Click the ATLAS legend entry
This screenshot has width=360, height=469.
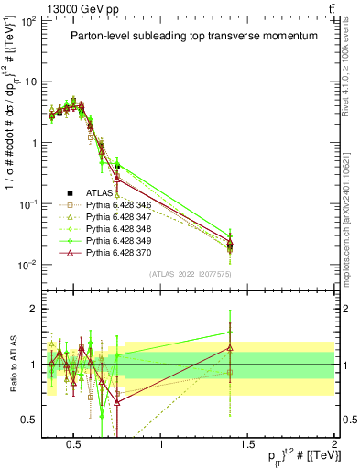pyautogui.click(x=99, y=193)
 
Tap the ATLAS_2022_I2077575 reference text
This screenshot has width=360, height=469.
pyautogui.click(x=190, y=274)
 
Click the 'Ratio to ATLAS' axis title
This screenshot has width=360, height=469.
pyautogui.click(x=12, y=364)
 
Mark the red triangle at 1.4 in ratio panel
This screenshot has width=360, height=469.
pyautogui.click(x=230, y=348)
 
